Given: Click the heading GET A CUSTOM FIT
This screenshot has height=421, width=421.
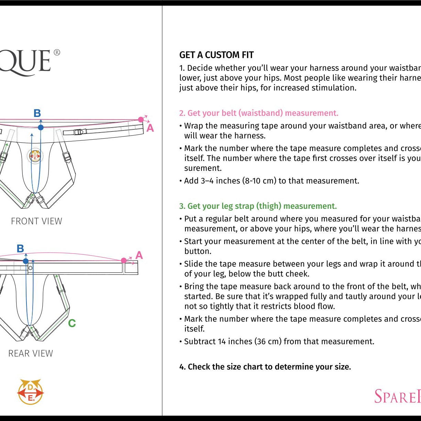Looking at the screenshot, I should pos(216,55).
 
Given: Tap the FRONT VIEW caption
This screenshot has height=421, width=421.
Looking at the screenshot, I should pos(36,221).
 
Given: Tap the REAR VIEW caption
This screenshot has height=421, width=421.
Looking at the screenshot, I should pos(31,353).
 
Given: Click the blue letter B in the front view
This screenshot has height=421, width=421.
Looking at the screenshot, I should pos(37,113).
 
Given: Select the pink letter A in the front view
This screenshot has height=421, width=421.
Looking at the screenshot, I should pos(150,128).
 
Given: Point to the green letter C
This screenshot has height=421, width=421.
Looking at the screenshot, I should pos(72,323).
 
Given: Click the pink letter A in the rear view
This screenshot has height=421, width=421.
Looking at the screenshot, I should pos(139,255).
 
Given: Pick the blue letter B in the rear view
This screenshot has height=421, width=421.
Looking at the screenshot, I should pos(20,248).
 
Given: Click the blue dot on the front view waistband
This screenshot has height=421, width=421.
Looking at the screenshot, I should pos(41,127).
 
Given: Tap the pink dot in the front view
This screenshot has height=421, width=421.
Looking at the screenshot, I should pos(141,119).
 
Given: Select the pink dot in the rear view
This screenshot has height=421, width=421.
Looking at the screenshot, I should pos(124,260).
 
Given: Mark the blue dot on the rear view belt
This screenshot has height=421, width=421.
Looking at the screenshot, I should pos(26,261).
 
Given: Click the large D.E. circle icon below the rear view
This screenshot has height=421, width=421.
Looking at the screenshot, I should pos(31,392).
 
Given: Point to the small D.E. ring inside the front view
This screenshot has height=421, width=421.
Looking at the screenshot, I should pos(35,156).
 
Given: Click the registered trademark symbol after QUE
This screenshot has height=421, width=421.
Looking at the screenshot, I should pos(57,52).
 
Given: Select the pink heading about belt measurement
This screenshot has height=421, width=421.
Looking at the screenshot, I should pos(259,113).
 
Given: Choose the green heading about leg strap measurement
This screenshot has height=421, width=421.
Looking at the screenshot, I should pos(258,206).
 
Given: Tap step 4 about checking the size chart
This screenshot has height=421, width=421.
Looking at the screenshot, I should pos(265,367).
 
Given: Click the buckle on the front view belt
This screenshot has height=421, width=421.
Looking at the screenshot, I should pos(79,132).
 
